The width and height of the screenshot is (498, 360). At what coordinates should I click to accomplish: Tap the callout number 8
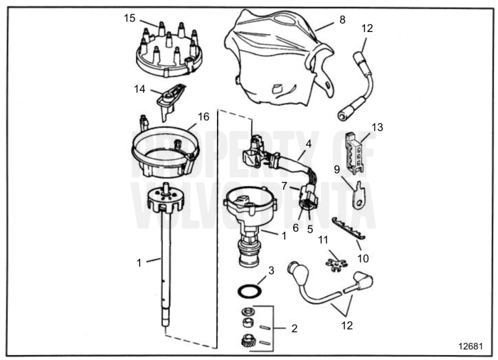342,20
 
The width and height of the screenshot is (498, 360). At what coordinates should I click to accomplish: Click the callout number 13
377,127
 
